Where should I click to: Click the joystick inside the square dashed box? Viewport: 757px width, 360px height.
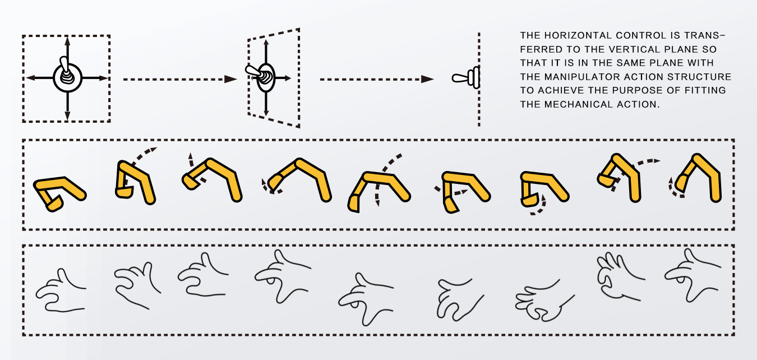[67, 76]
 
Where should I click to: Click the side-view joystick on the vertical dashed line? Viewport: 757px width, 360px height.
[467, 78]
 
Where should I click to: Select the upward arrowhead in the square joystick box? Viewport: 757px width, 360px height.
[67, 40]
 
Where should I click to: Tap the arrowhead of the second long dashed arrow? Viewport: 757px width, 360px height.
[428, 79]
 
